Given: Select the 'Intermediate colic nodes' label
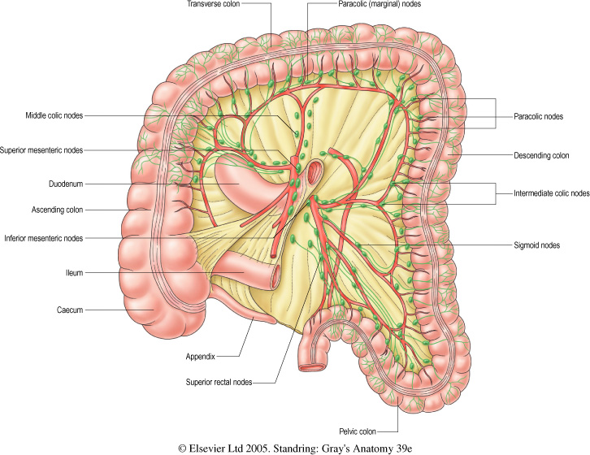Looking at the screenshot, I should (x=552, y=193).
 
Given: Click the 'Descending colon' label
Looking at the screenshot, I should (x=540, y=154).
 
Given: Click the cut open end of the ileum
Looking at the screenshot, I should (x=277, y=274).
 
